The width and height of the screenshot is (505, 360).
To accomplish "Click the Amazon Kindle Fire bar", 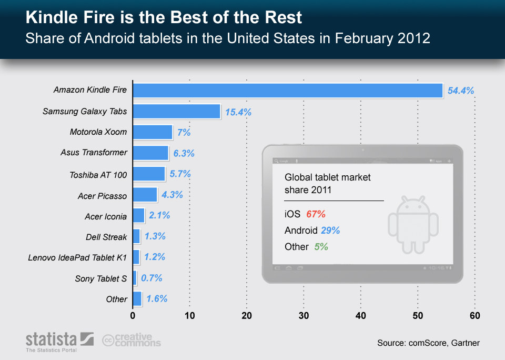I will [x=287, y=90].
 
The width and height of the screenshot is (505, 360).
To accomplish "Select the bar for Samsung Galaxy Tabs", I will [x=176, y=111].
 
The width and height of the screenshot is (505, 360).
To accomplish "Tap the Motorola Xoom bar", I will [x=153, y=132].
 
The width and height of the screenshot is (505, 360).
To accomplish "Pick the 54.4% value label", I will [x=460, y=91].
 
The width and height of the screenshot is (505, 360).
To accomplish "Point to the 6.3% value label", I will [x=184, y=153].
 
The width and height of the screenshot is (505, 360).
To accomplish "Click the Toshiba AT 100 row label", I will [x=98, y=174].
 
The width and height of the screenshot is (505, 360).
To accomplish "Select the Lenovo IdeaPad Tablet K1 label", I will [x=78, y=257].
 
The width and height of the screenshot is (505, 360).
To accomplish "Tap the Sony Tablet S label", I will [x=101, y=278].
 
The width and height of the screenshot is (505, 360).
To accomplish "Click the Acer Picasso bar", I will [x=145, y=195].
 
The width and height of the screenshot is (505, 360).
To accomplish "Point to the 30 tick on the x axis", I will [x=304, y=316].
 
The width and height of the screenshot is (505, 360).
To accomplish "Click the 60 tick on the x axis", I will [x=474, y=316].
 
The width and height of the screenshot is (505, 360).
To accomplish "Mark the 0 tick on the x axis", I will [x=133, y=316].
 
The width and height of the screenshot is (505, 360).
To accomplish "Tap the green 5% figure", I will [x=321, y=246].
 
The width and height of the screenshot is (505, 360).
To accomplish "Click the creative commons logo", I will [x=132, y=340].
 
